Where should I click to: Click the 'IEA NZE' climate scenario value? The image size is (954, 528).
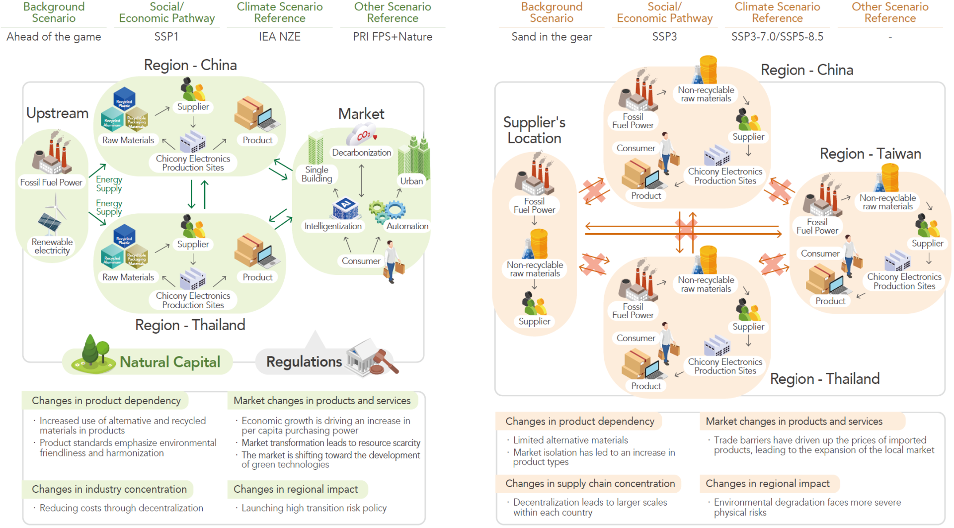point(279,37)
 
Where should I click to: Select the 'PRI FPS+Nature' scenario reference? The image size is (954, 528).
point(393,37)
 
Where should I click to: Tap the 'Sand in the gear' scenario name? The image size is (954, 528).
point(552,37)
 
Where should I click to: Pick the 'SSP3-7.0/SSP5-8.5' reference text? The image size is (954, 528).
point(777,37)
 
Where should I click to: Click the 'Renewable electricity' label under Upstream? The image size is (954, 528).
point(52,246)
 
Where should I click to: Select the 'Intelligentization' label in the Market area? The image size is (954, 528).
point(333,226)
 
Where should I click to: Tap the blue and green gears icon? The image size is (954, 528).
point(387,211)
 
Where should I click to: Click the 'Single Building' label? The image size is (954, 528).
point(317,174)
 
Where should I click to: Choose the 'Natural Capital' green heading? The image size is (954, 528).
point(170,362)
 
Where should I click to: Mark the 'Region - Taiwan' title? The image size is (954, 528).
point(870,154)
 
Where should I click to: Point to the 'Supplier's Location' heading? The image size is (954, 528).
point(534,130)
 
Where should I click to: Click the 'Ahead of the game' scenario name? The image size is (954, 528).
point(54,37)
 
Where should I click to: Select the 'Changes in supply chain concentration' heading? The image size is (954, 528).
point(590,483)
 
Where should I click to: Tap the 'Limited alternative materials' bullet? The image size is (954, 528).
point(570,440)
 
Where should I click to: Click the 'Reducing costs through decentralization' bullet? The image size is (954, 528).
point(121,508)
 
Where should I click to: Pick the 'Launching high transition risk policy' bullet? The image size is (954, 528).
point(314,508)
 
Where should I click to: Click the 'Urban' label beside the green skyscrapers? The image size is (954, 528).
point(411,181)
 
